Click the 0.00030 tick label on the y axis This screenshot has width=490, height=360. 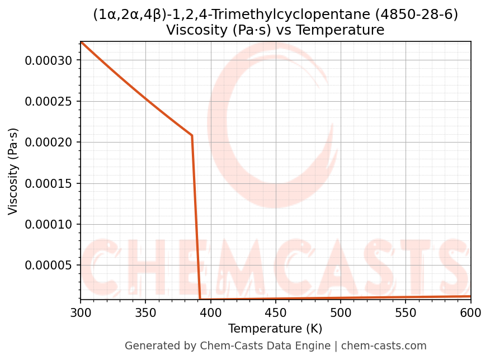(x=49, y=60)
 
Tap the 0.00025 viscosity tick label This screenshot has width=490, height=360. (x=49, y=101)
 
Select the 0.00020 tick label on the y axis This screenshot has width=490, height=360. (x=49, y=143)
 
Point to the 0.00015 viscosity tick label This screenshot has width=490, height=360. (x=49, y=183)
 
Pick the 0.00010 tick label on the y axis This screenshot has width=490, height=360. (x=49, y=224)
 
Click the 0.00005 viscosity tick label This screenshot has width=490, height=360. (x=49, y=265)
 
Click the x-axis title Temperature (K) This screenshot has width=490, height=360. (x=275, y=329)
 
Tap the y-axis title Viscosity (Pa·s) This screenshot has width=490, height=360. (x=13, y=171)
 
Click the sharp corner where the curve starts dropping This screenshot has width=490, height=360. (x=192, y=135)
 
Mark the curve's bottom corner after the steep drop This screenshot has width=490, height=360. (x=200, y=299)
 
